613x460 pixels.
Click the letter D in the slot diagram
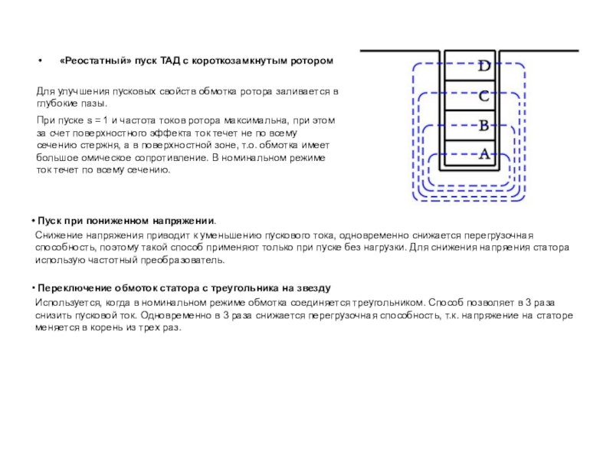click(x=484, y=67)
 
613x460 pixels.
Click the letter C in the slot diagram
click(x=484, y=97)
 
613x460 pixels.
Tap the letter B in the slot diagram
click(x=484, y=126)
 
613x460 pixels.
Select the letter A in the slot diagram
click(x=484, y=154)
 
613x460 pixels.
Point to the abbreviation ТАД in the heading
click(x=169, y=61)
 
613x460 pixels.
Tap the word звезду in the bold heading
click(x=310, y=289)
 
